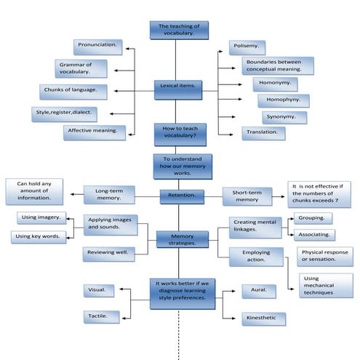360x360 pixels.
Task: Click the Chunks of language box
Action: (73, 92)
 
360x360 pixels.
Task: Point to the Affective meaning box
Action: (94, 132)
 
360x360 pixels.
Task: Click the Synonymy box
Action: (284, 117)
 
